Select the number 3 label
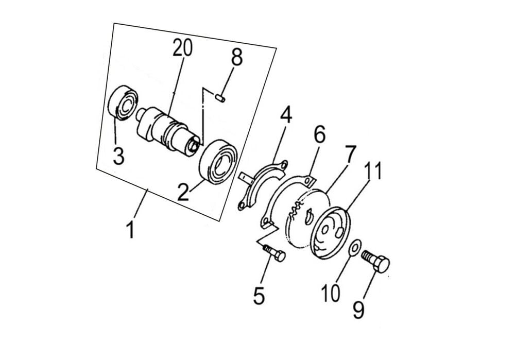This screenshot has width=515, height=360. pyautogui.click(x=118, y=156)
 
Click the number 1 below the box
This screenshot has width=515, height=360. pyautogui.click(x=131, y=230)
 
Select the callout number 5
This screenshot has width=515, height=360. pyautogui.click(x=259, y=296)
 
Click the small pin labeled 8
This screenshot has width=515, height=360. pyautogui.click(x=220, y=98)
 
